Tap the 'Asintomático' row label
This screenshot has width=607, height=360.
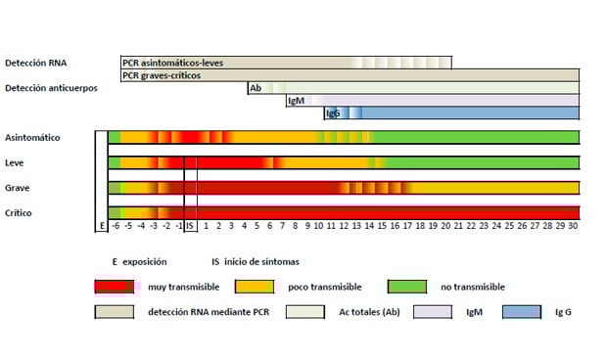pyautogui.click(x=32, y=137)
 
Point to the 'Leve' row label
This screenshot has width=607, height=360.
pyautogui.click(x=15, y=162)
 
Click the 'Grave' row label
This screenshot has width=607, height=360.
pyautogui.click(x=18, y=187)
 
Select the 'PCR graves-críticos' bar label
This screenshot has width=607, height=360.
pyautogui.click(x=162, y=75)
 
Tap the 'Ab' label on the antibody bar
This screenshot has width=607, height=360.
pyautogui.click(x=255, y=88)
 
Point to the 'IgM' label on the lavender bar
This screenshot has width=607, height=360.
pyautogui.click(x=295, y=101)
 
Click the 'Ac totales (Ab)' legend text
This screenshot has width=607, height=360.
pyautogui.click(x=366, y=312)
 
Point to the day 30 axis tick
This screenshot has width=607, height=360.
pyautogui.click(x=573, y=226)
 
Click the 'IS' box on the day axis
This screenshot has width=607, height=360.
pyautogui.click(x=191, y=226)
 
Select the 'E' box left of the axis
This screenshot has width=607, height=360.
pyautogui.click(x=101, y=226)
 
